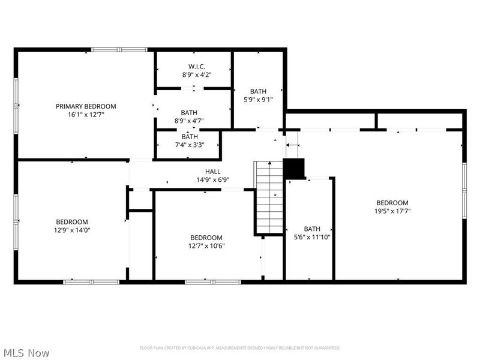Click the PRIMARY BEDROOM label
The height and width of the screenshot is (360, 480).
tap(86, 106)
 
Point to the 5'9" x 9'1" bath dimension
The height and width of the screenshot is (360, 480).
tap(259, 100)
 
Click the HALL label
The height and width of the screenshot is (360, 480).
tap(213, 172)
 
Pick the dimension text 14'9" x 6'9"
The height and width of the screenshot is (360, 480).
tap(213, 179)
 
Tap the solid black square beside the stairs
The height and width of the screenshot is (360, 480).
tap(294, 169)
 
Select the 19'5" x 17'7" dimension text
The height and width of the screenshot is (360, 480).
tap(392, 211)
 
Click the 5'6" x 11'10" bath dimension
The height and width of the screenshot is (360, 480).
tap(312, 236)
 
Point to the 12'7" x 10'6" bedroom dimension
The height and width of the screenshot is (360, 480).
tap(206, 245)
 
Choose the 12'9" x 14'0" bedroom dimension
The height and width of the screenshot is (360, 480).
tap(72, 229)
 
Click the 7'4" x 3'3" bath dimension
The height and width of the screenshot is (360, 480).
tap(190, 144)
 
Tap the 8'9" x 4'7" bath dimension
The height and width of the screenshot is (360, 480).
tap(189, 121)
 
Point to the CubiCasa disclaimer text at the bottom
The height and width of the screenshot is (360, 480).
tap(240, 348)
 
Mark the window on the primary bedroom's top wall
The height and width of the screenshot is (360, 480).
tap(119, 49)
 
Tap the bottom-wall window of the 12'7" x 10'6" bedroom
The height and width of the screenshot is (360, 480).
tap(212, 281)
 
